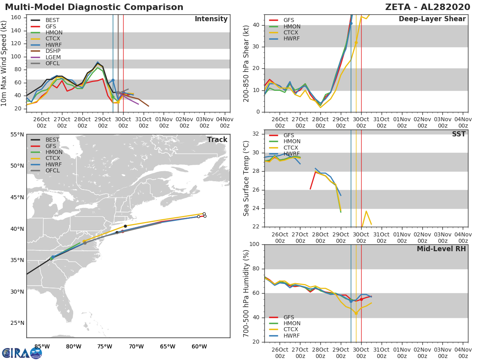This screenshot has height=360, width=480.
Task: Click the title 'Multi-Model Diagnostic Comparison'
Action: pyautogui.click(x=94, y=7)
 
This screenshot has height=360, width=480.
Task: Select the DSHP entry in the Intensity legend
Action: pyautogui.click(x=53, y=51)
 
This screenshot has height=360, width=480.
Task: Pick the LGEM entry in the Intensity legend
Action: pyautogui.click(x=53, y=57)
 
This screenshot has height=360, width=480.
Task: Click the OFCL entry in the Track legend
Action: pyautogui.click(x=52, y=170)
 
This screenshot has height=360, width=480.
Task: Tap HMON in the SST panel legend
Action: pyautogui.click(x=292, y=142)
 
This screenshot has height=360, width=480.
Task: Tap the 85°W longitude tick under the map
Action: pyautogui.click(x=42, y=346)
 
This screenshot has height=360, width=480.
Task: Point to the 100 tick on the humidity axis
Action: pyautogui.click(x=255, y=244)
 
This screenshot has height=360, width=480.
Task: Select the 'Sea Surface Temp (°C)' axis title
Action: pyautogui.click(x=246, y=178)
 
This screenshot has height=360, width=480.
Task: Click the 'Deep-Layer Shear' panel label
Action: pyautogui.click(x=432, y=19)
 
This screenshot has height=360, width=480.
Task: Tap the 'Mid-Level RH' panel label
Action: pyautogui.click(x=441, y=249)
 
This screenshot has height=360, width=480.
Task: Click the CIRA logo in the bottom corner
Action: pyautogui.click(x=22, y=353)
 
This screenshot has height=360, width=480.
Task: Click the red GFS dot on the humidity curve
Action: pyautogui.click(x=361, y=299)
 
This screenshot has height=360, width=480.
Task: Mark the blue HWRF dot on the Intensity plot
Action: pyautogui.click(x=113, y=80)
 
